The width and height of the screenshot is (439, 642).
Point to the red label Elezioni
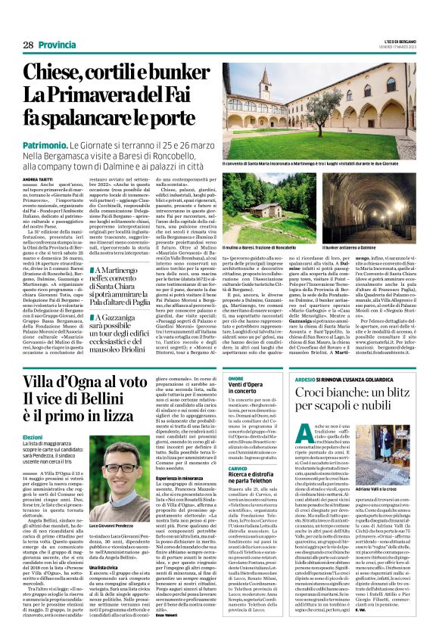pyautogui.click(x=33, y=437)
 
